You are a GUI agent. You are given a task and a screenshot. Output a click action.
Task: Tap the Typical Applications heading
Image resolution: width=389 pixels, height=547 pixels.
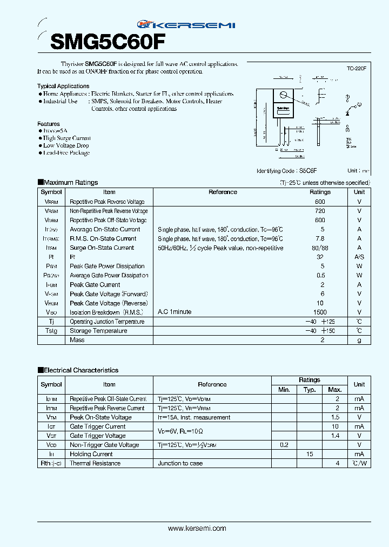pyautogui.click(x=63, y=86)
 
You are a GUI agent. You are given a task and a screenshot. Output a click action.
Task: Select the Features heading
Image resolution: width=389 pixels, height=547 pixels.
pyautogui.click(x=49, y=124)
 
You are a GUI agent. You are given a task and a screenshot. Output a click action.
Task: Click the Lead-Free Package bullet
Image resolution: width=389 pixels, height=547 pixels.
pyautogui.click(x=65, y=153)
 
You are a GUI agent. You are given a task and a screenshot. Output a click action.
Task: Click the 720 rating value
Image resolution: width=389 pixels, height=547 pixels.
pyautogui.click(x=320, y=211)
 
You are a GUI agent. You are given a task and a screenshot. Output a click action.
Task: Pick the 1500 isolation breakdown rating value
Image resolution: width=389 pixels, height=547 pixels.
pyautogui.click(x=320, y=312)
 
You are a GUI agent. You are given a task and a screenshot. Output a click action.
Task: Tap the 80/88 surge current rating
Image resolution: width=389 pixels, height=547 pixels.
pyautogui.click(x=320, y=248)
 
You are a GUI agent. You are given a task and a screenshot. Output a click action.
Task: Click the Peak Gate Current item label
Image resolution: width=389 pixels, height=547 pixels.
pyautogui.click(x=95, y=285)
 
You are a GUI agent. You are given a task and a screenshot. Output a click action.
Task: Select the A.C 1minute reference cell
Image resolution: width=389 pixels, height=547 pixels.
pyautogui.click(x=175, y=312)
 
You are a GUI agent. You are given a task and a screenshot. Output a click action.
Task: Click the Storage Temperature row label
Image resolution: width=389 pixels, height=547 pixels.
pyautogui.click(x=98, y=331)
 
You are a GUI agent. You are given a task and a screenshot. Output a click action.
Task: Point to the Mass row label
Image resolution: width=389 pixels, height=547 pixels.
pyautogui.click(x=77, y=340)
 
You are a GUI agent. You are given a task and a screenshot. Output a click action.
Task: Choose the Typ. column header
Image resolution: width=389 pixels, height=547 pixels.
pyautogui.click(x=310, y=390)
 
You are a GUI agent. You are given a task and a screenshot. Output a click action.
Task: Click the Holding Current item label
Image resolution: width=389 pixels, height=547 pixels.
pyautogui.click(x=91, y=454)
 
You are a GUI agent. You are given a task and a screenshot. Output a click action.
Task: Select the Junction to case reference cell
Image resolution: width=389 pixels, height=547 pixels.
pyautogui.click(x=180, y=463)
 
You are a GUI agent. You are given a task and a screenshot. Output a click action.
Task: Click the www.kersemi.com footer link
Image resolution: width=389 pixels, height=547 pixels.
pyautogui.click(x=197, y=529)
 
